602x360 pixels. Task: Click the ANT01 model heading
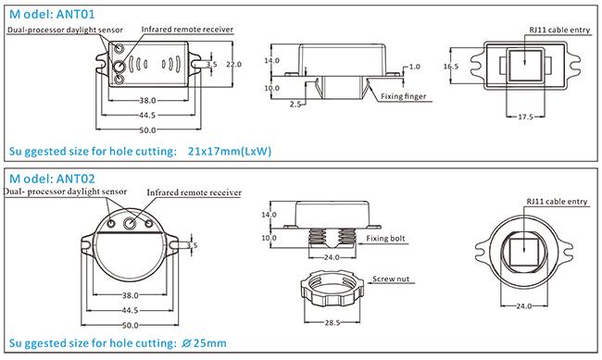pyautogui.click(x=52, y=15)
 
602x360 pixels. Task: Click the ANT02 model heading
pyautogui.click(x=52, y=179)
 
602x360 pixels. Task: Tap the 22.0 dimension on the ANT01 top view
pyautogui.click(x=233, y=64)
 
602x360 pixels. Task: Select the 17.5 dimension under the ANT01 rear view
pyautogui.click(x=525, y=117)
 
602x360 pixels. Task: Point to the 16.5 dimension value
pyautogui.click(x=451, y=66)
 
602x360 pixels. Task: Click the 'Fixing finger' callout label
pyautogui.click(x=404, y=96)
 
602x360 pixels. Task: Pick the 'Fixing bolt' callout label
pyautogui.click(x=385, y=239)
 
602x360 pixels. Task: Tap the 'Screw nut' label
pyautogui.click(x=391, y=279)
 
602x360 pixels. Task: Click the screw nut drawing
pyautogui.click(x=332, y=289)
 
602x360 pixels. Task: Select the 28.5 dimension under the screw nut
pyautogui.click(x=332, y=323)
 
